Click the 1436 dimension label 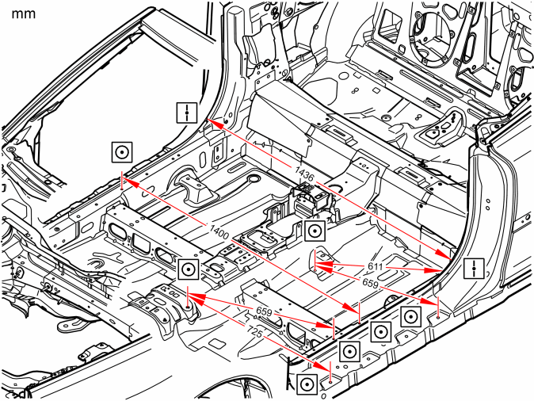point(304,174)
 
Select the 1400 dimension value point(219,232)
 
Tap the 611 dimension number point(376,266)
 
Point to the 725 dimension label point(255,331)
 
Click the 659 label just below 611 point(370,282)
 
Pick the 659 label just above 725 point(264,311)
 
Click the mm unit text point(24,14)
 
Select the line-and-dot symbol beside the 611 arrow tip point(474,268)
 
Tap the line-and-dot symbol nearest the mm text point(187,113)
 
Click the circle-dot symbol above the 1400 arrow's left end point(122,152)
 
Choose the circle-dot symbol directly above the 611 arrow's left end point(315,231)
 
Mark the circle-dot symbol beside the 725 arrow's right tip point(307,384)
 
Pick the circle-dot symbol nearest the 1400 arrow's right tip point(380,330)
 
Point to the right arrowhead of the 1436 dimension point(444,254)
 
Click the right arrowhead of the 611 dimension point(433,270)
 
